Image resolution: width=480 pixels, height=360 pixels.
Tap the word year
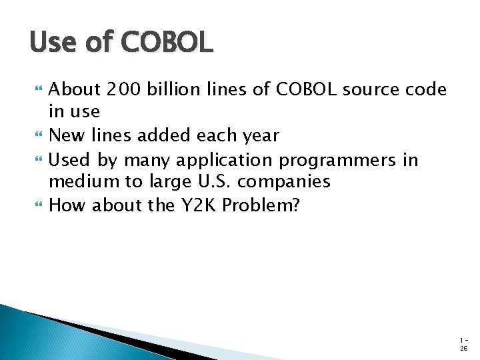pyautogui.click(x=260, y=136)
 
